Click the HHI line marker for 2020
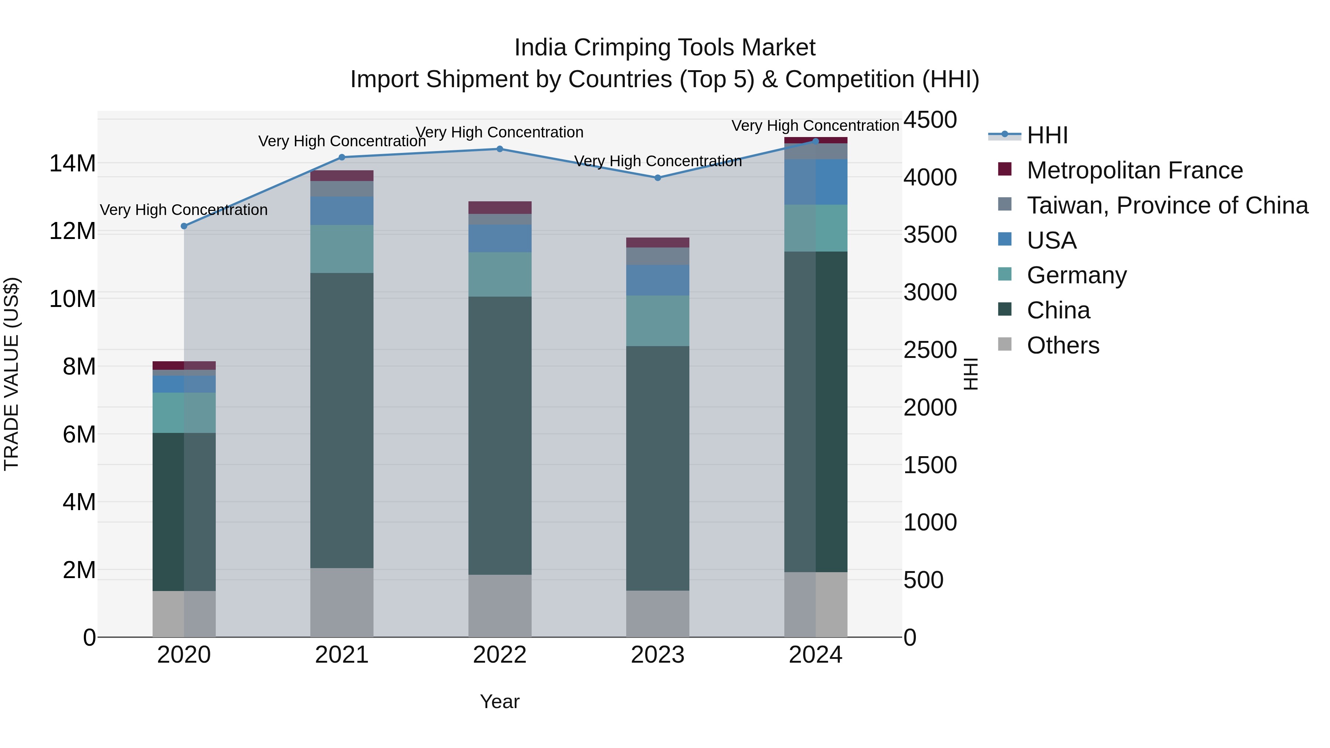184,226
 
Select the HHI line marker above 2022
500,149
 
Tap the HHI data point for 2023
658,178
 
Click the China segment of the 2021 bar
342,421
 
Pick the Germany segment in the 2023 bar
658,321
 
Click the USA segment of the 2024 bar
816,182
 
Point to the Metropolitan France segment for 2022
500,208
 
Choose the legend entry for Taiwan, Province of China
1167,205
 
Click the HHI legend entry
1047,135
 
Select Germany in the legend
1077,275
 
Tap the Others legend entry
1063,345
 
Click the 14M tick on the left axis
72,164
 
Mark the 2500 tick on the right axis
930,350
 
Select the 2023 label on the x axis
658,655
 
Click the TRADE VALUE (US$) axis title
11,374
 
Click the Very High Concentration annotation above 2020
184,210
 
